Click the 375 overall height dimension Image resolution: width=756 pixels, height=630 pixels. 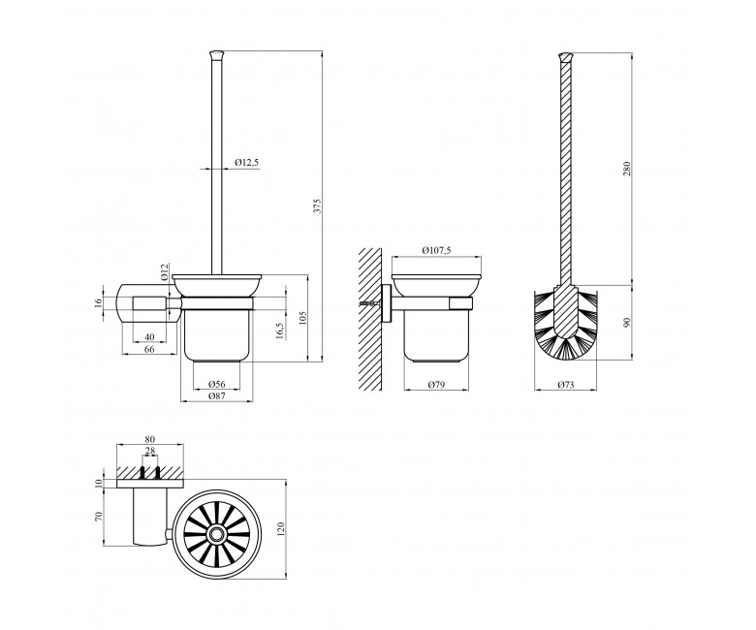pos(317,205)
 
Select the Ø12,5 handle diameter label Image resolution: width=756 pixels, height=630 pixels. pos(247,163)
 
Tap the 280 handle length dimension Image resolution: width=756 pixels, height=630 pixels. pos(627,169)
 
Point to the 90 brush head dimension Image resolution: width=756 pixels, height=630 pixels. pos(627,323)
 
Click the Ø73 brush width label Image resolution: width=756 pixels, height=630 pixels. pos(566,385)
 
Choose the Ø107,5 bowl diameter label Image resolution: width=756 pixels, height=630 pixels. pos(436,250)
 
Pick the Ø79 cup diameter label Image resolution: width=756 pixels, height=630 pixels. pos(436,384)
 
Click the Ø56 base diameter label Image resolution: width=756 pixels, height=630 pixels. pos(217,384)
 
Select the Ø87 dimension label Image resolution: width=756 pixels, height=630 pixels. pos(217,395)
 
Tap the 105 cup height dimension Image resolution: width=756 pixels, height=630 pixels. pos(302,318)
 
